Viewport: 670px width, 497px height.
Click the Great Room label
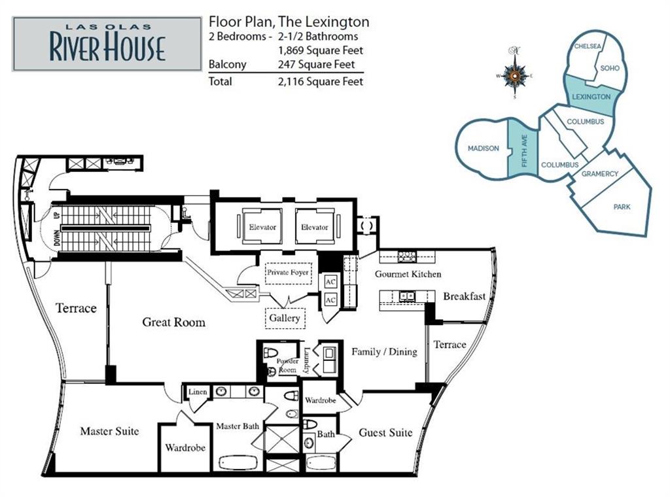click(173, 322)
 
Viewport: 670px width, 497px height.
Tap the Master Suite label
click(109, 431)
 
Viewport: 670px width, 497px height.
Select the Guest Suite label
click(385, 432)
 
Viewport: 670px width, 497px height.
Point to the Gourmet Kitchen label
click(408, 274)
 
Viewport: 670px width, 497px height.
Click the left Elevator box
click(262, 227)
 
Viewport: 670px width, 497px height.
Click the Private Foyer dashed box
click(288, 273)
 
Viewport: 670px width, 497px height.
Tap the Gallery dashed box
click(285, 318)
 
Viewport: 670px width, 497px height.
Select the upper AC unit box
click(330, 282)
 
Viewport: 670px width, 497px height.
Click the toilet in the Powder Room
click(270, 352)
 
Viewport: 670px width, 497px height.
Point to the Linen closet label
click(198, 392)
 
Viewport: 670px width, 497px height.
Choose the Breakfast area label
click(464, 296)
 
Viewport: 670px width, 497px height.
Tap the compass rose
click(515, 76)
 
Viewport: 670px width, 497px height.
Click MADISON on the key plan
click(484, 148)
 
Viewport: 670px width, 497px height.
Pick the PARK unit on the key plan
click(622, 207)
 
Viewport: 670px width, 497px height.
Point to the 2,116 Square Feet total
click(321, 82)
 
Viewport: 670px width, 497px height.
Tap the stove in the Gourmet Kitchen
click(406, 257)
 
